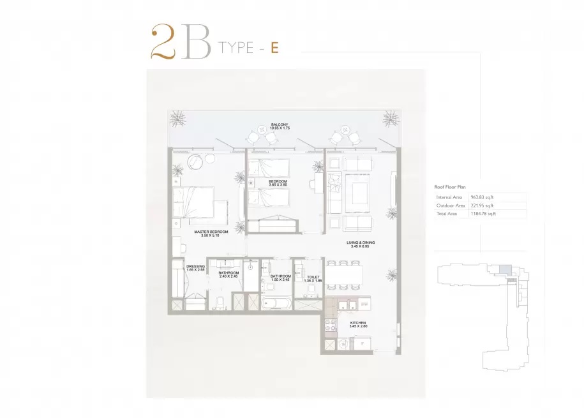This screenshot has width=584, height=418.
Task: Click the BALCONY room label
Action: point(280,125)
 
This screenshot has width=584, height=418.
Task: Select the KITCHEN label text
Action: point(358,324)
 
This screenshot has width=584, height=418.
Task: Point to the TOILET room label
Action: point(313,277)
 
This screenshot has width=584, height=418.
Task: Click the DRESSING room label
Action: point(195,266)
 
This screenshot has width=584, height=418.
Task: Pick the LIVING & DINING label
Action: point(361,243)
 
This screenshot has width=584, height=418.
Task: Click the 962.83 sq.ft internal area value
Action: point(483,198)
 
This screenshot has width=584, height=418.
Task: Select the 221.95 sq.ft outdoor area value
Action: point(483,206)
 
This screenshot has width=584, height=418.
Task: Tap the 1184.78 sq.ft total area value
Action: point(484,214)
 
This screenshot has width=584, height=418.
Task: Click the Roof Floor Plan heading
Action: point(451,186)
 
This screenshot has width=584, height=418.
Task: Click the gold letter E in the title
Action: point(274,48)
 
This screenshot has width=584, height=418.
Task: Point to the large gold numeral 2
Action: point(163,43)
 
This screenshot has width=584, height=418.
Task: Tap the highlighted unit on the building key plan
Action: point(504,269)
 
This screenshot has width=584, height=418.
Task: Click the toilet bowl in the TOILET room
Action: point(312,290)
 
